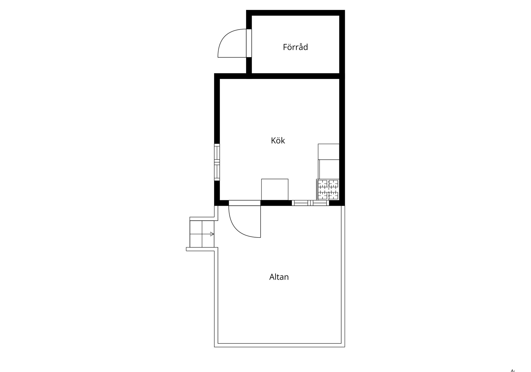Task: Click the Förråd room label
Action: [295, 47]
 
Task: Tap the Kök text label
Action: [278, 141]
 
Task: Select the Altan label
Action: [279, 277]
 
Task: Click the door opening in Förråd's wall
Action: [249, 43]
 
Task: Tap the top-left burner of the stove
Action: [322, 184]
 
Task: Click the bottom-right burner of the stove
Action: [333, 195]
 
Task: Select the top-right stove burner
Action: [333, 184]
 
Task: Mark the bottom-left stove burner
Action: [322, 195]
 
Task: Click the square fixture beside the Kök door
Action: [275, 189]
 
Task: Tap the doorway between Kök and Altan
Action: [244, 203]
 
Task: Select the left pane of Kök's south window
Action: [301, 203]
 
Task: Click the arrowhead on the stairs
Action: [212, 234]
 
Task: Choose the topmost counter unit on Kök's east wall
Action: [329, 152]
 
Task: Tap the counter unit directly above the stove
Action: [329, 169]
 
